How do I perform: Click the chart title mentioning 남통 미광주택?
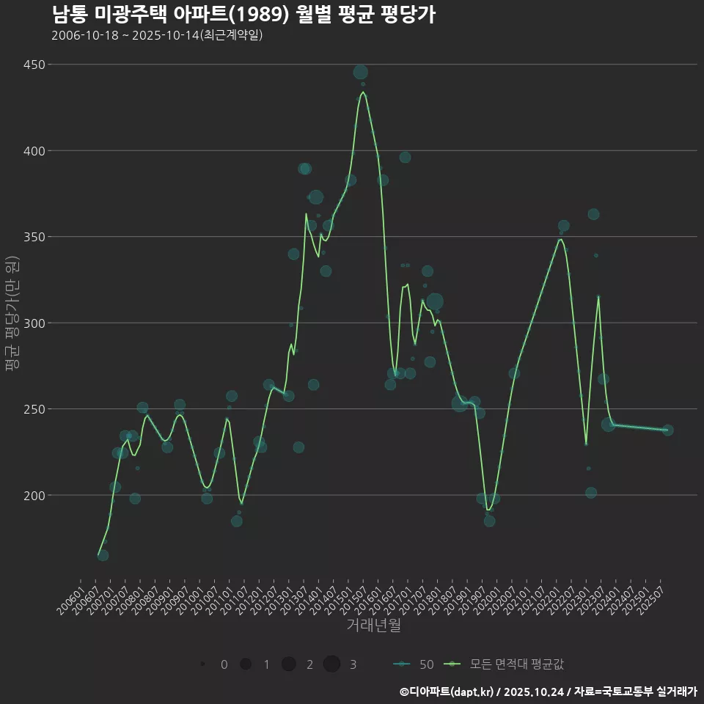point(243,14)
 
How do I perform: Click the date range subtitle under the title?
point(157,35)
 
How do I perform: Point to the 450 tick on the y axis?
point(34,65)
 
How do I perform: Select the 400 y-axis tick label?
point(34,151)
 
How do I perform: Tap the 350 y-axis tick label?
point(34,237)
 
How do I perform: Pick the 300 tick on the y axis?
point(34,323)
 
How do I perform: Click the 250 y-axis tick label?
point(34,409)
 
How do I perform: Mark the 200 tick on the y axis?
point(34,496)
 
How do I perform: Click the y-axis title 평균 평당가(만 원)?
point(10,315)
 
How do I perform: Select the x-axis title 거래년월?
point(373,626)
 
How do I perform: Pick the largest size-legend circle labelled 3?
point(331,664)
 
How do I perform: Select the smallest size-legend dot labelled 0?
point(202,664)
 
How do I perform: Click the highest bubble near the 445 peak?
point(360,72)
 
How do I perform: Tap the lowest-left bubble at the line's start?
point(103,555)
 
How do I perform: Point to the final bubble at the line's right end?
point(667,430)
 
